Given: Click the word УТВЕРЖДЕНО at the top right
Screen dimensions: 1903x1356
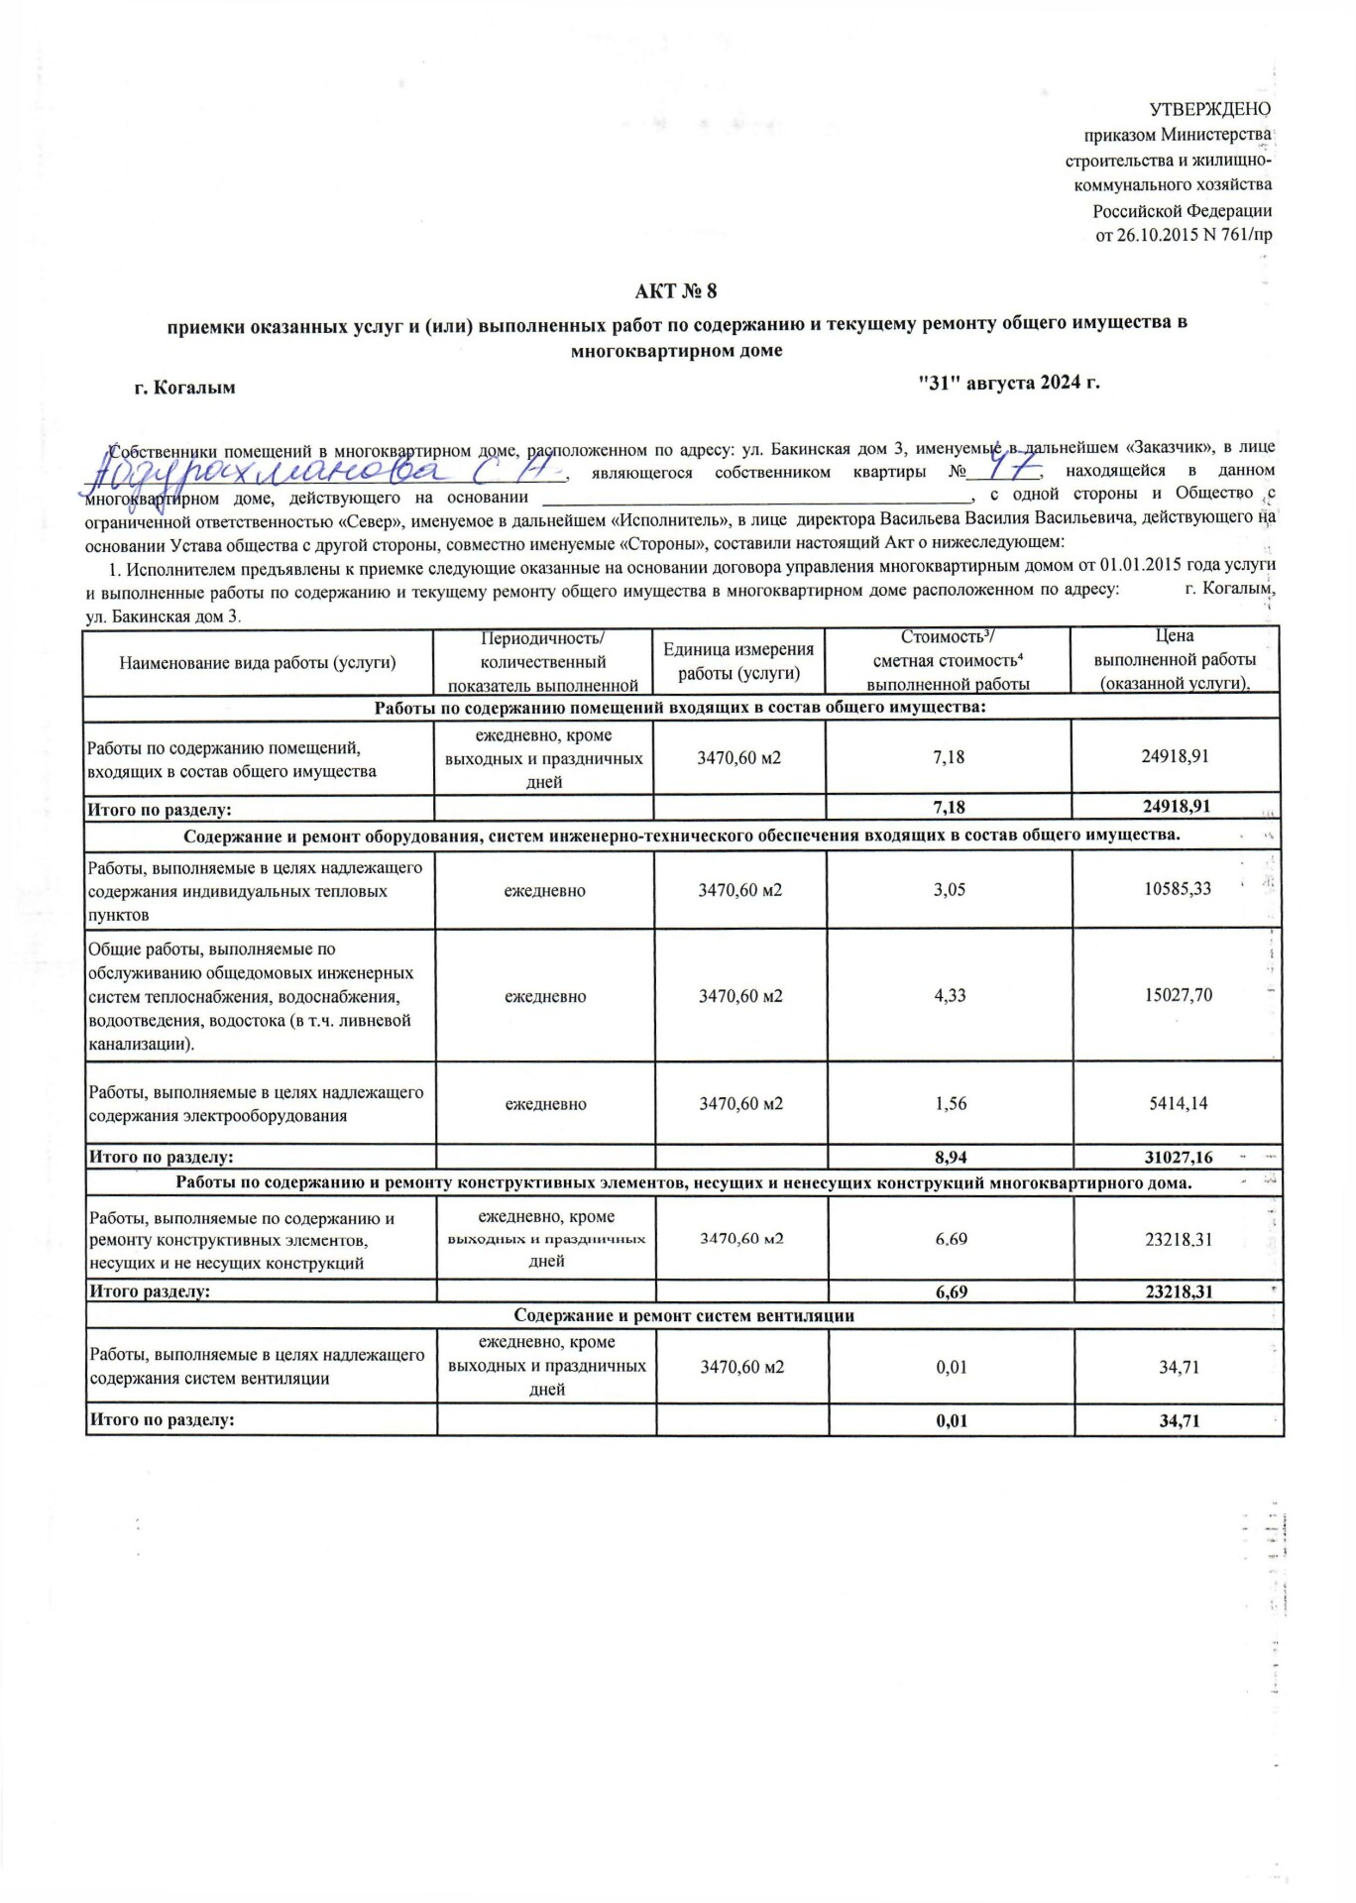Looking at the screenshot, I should tap(1209, 109).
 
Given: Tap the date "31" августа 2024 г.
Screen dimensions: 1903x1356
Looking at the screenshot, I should tap(1009, 383).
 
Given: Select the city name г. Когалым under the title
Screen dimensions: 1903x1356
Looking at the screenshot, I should tap(185, 388).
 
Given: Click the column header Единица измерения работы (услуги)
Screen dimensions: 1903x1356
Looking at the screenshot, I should tap(738, 661).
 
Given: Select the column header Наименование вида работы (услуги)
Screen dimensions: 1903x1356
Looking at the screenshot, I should tap(258, 662).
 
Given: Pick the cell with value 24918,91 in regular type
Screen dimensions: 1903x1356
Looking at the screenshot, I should tap(1175, 756).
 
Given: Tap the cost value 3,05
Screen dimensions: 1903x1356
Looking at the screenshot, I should tap(949, 889).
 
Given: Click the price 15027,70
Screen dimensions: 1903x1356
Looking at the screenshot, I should tap(1178, 995).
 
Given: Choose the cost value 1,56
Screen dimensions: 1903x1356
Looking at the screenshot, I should tap(951, 1103).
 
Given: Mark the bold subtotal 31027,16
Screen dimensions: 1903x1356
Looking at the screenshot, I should tap(1176, 1157).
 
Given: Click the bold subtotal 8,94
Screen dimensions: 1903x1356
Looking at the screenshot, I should tap(951, 1157).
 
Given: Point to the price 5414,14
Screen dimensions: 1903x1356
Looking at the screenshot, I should tap(1178, 1103).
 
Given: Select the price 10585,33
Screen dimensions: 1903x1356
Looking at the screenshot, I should tap(1177, 889).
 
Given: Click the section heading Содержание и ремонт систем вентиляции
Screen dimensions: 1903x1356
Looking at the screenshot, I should tap(684, 1315).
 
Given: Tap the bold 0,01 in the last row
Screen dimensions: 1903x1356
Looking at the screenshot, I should tap(952, 1420).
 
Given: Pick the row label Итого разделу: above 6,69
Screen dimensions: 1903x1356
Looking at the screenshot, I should tap(150, 1291).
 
